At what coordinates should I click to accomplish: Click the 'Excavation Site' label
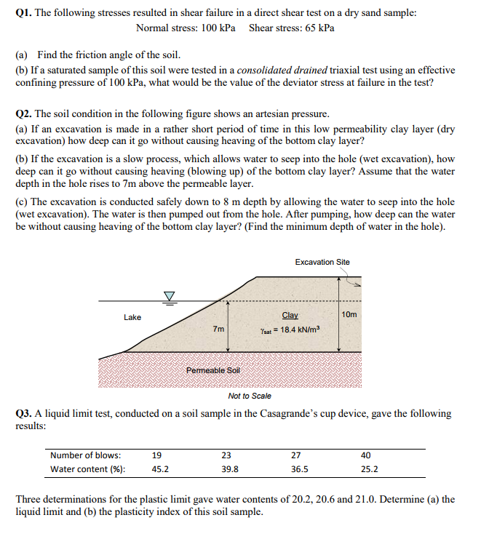coord(322,262)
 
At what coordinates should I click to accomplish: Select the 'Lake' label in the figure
coord(132,317)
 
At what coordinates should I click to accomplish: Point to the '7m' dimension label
coord(218,329)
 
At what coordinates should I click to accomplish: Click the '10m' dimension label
coord(349,314)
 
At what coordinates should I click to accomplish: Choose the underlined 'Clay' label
coord(290,315)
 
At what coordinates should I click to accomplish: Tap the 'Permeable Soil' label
coord(212,370)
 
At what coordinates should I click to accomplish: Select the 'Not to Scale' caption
coord(250,396)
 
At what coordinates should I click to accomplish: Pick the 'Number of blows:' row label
coord(85,455)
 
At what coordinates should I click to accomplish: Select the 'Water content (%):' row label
coord(87,469)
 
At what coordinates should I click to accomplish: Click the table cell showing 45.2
coord(160,469)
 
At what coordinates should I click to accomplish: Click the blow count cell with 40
coord(365,455)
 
